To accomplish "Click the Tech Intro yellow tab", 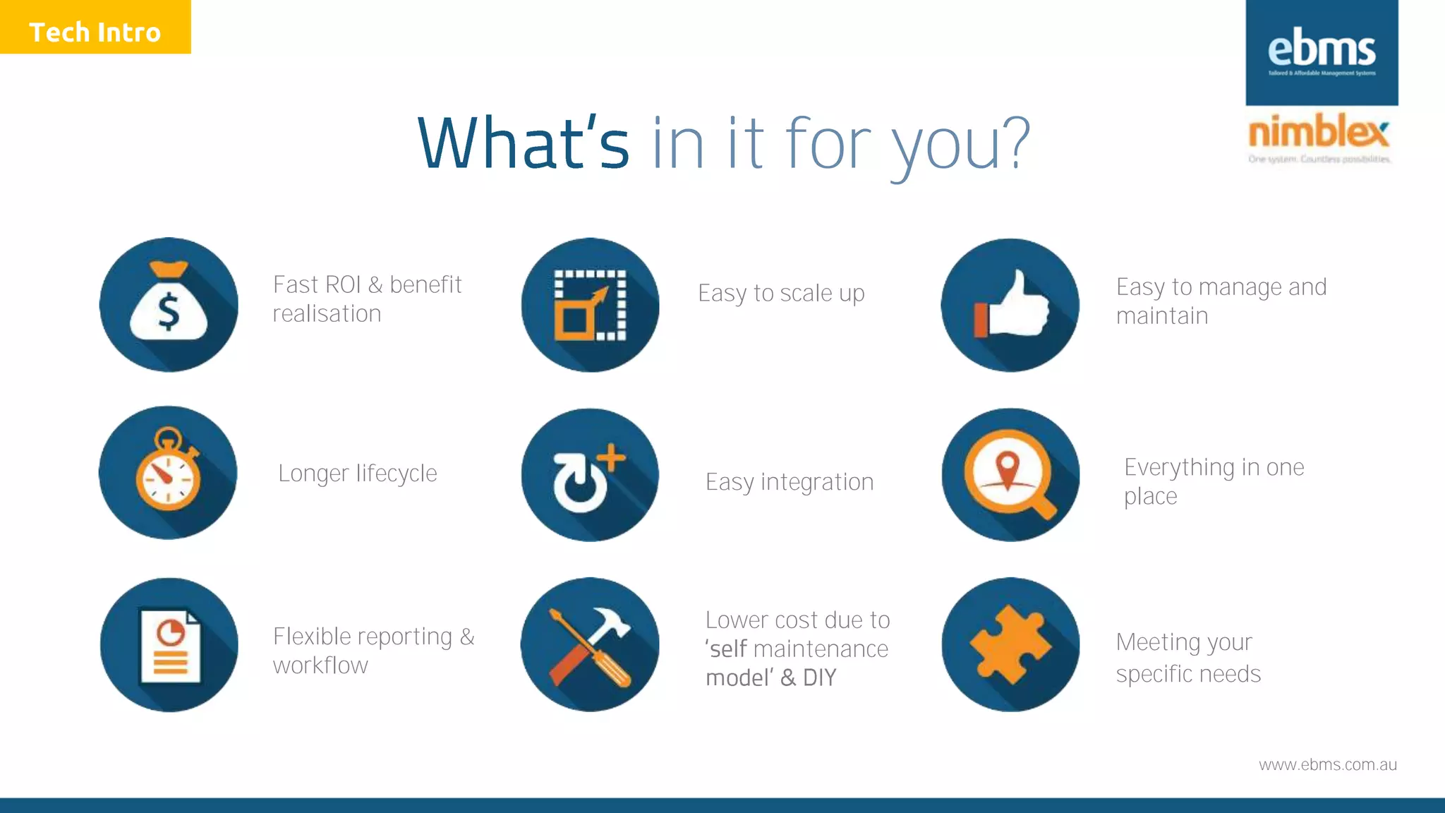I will click(x=95, y=27).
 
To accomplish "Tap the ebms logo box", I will click(x=1322, y=52).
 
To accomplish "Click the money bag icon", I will click(x=169, y=305).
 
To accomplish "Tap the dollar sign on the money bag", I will click(x=169, y=312).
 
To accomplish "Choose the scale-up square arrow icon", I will click(x=590, y=305).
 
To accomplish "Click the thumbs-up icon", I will click(x=1010, y=305).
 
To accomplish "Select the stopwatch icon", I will click(x=168, y=472).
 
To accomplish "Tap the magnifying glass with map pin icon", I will click(x=1010, y=475).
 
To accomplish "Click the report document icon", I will click(x=169, y=645).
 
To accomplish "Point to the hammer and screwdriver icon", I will click(x=590, y=645).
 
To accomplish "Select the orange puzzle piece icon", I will click(x=1010, y=645).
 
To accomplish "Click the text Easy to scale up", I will click(x=781, y=293).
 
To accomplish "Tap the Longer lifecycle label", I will click(x=358, y=474).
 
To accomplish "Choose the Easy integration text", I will click(x=790, y=482).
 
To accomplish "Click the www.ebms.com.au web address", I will click(x=1327, y=765).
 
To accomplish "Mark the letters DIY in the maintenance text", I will click(x=819, y=678).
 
